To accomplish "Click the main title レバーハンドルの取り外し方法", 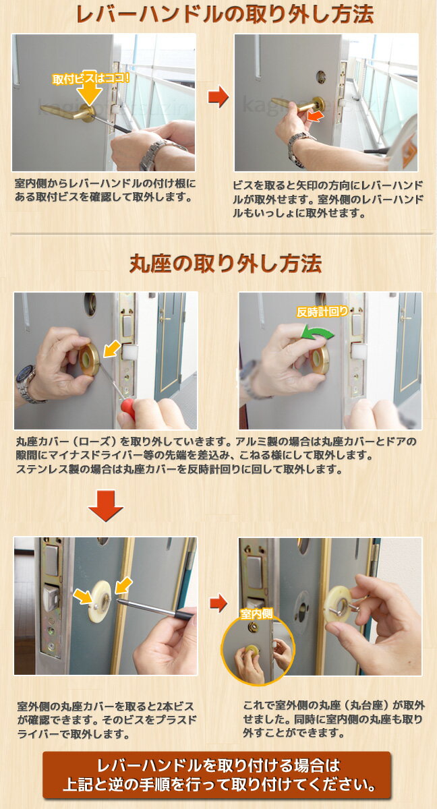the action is pyautogui.click(x=225, y=15).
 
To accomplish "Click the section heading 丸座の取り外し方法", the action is pyautogui.click(x=225, y=264).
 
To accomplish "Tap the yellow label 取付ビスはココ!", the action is pyautogui.click(x=90, y=79).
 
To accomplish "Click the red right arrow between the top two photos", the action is pyautogui.click(x=218, y=97).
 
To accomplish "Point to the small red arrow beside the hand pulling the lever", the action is pyautogui.click(x=314, y=116).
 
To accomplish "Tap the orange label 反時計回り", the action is pyautogui.click(x=322, y=311).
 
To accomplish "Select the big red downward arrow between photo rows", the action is pyautogui.click(x=105, y=505).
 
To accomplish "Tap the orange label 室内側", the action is pyautogui.click(x=257, y=613).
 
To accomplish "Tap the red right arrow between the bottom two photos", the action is pyautogui.click(x=218, y=601).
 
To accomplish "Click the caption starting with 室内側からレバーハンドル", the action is pyautogui.click(x=105, y=190).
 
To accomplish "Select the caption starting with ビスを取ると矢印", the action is pyautogui.click(x=328, y=199).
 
